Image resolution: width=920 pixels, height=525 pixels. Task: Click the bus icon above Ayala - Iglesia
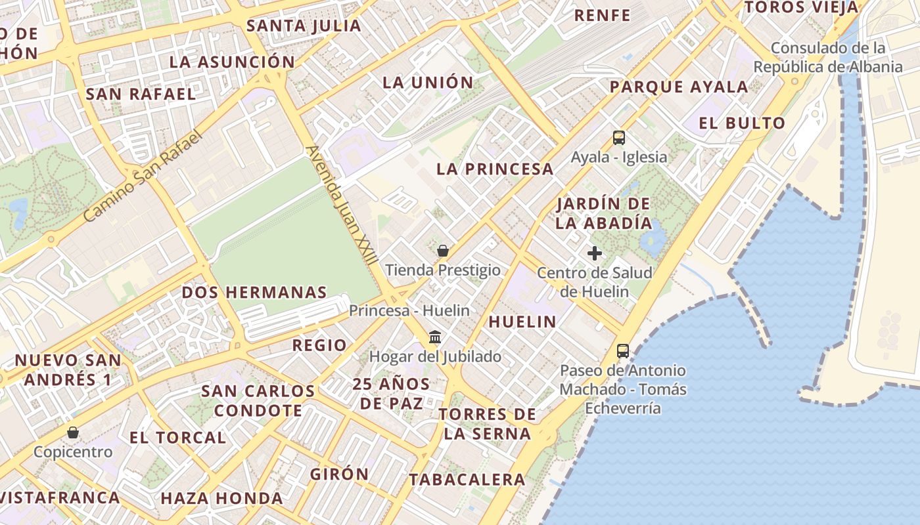[x=619, y=138]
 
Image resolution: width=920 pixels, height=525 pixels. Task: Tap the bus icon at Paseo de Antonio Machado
[x=623, y=351]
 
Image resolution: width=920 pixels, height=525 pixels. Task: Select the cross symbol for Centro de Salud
[x=595, y=253]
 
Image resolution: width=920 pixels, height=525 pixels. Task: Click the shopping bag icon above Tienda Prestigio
[x=443, y=251]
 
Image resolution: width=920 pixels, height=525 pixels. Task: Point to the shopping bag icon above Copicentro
[x=73, y=432]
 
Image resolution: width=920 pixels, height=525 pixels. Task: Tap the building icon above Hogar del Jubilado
[x=435, y=337]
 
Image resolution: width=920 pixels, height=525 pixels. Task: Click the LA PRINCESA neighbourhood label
[x=495, y=169]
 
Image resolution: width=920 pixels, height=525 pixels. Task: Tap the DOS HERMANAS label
[x=254, y=293]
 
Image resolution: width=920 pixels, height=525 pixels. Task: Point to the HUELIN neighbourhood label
[x=522, y=322]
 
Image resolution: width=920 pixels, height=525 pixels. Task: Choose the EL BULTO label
[x=742, y=123]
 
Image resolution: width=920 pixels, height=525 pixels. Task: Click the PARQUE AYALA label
[x=679, y=87]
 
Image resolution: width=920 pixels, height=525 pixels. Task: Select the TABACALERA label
[x=467, y=480]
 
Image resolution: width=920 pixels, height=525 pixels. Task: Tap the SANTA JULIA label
[x=304, y=26]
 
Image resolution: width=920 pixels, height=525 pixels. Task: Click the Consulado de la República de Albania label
[x=828, y=57]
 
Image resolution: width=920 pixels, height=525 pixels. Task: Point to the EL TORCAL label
[x=177, y=438]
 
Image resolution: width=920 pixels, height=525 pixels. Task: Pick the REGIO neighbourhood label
[x=319, y=345]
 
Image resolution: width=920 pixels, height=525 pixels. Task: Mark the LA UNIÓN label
[x=428, y=82]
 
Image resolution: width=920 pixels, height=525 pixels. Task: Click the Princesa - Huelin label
[x=409, y=310]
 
